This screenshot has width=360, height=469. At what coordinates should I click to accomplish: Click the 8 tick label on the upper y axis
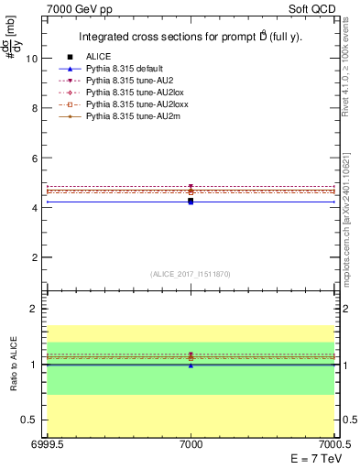tap(34, 108)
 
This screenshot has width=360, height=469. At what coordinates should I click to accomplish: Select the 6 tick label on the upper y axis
tap(34, 158)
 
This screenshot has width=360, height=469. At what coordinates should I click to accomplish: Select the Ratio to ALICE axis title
tap(14, 365)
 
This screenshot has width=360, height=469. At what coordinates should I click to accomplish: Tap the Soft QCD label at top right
tap(312, 8)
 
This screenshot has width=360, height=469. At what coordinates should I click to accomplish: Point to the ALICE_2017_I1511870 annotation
tap(191, 274)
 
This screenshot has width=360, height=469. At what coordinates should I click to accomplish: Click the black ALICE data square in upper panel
tap(191, 200)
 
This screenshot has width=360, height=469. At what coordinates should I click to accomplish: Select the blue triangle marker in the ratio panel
tap(191, 365)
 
